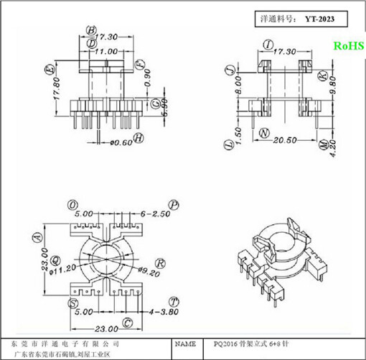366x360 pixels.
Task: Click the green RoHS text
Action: (348, 45)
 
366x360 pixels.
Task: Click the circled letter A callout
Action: (34, 238)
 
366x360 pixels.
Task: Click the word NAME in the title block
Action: (187, 344)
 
